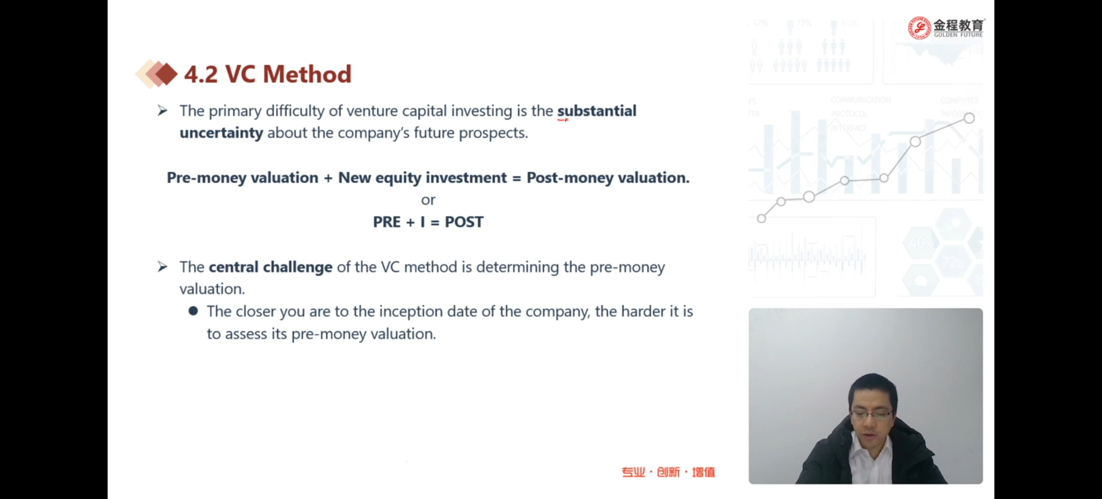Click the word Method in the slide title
click(307, 74)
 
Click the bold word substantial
click(596, 111)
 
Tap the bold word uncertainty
click(221, 133)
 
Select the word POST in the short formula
click(464, 222)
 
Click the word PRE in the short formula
click(387, 222)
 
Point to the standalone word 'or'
click(428, 200)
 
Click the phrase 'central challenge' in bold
click(271, 267)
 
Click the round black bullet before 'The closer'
click(193, 311)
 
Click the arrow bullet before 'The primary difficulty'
click(162, 111)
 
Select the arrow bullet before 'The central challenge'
click(162, 267)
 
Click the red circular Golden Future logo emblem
click(919, 28)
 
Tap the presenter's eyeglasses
click(872, 414)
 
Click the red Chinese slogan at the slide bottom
click(668, 472)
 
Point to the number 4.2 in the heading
click(201, 74)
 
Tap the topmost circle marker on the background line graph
click(969, 118)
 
